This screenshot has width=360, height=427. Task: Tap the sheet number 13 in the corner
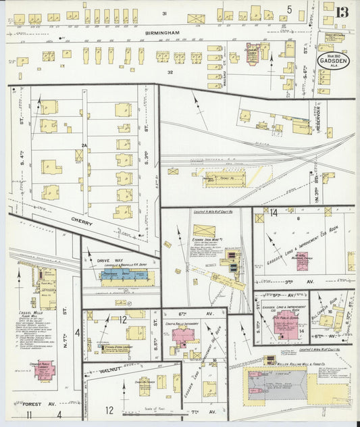tap(344, 11)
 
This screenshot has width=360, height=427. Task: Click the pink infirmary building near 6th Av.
tap(184, 335)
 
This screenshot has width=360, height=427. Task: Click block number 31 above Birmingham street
tap(164, 13)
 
